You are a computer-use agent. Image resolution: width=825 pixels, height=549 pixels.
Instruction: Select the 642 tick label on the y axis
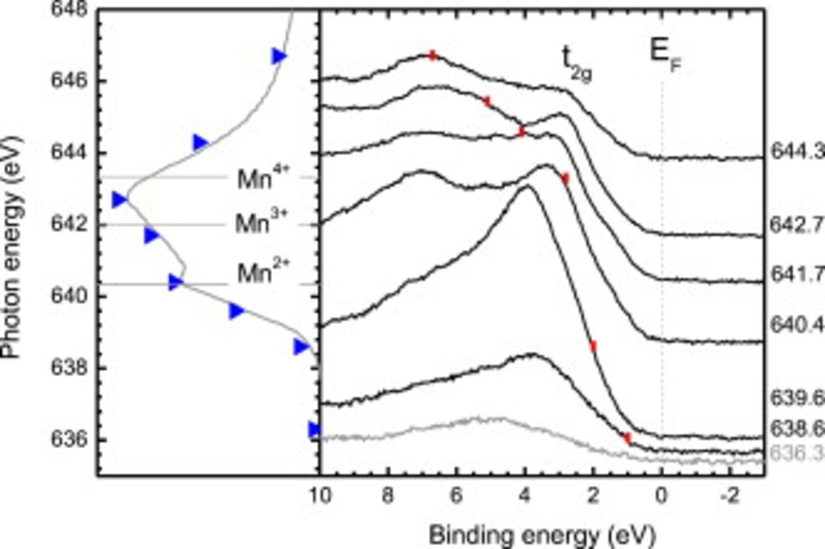(75, 225)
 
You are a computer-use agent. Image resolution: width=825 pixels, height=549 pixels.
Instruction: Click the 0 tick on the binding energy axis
(661, 496)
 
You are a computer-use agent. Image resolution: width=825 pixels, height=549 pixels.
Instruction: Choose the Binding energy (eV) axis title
(541, 533)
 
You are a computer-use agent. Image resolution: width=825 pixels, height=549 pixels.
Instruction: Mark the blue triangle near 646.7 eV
(279, 56)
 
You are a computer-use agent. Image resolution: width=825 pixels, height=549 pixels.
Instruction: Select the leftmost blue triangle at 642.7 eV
(119, 200)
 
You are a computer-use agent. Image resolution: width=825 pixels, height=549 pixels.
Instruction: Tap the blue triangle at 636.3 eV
(315, 429)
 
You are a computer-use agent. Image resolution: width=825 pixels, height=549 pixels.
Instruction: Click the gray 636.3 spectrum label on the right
(797, 455)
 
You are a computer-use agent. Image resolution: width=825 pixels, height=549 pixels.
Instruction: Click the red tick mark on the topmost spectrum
(433, 55)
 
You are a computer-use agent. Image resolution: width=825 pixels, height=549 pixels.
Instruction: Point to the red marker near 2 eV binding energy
(593, 347)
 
